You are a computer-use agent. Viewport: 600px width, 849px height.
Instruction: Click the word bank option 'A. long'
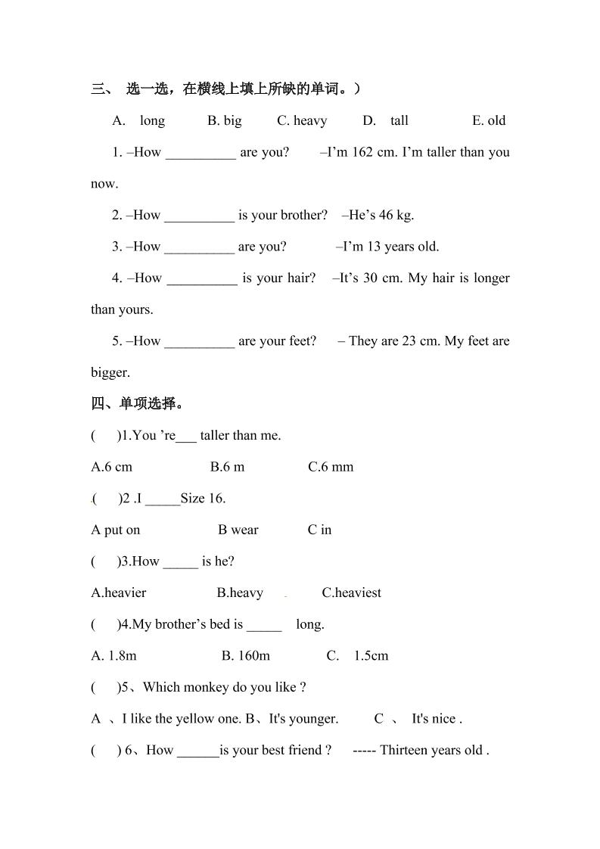pyautogui.click(x=138, y=120)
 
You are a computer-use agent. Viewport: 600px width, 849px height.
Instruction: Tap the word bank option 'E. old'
pyautogui.click(x=489, y=120)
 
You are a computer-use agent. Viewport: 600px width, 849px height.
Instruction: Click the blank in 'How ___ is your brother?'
pyautogui.click(x=199, y=216)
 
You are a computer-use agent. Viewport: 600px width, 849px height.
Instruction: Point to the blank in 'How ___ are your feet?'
pyautogui.click(x=199, y=342)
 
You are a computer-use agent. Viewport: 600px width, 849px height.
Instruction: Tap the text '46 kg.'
pyautogui.click(x=396, y=215)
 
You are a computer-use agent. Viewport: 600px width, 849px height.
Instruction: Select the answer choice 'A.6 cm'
pyautogui.click(x=111, y=467)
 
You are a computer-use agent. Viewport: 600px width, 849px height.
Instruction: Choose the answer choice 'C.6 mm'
pyautogui.click(x=331, y=467)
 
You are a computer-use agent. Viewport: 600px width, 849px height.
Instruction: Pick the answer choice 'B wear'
pyautogui.click(x=238, y=530)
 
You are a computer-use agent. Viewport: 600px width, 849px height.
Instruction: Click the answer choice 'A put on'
pyautogui.click(x=116, y=530)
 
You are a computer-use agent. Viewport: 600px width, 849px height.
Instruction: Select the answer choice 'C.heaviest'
pyautogui.click(x=352, y=592)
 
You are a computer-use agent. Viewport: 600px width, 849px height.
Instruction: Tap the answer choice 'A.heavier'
pyautogui.click(x=119, y=592)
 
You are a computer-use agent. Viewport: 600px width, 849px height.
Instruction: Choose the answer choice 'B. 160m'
pyautogui.click(x=246, y=656)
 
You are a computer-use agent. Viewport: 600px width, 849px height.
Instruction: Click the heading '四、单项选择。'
pyautogui.click(x=138, y=403)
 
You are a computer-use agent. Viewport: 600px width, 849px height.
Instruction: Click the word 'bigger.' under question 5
pyautogui.click(x=110, y=372)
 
